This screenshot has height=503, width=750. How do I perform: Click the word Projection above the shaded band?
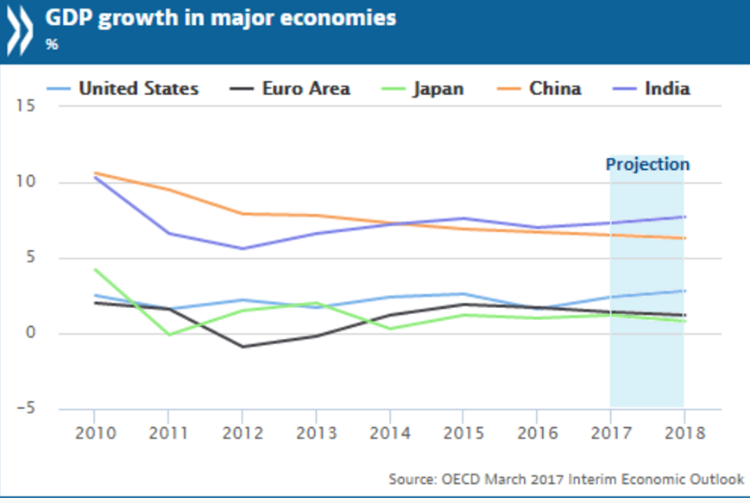point(647,164)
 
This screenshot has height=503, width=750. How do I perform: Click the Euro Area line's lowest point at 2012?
point(243,347)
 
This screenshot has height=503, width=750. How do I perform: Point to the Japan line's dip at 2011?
point(169,334)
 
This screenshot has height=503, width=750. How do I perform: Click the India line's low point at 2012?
point(243,248)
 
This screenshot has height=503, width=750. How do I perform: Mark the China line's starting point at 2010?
point(95,173)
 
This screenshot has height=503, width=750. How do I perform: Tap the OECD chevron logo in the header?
point(19,26)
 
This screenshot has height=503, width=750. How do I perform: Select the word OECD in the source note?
point(459,479)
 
